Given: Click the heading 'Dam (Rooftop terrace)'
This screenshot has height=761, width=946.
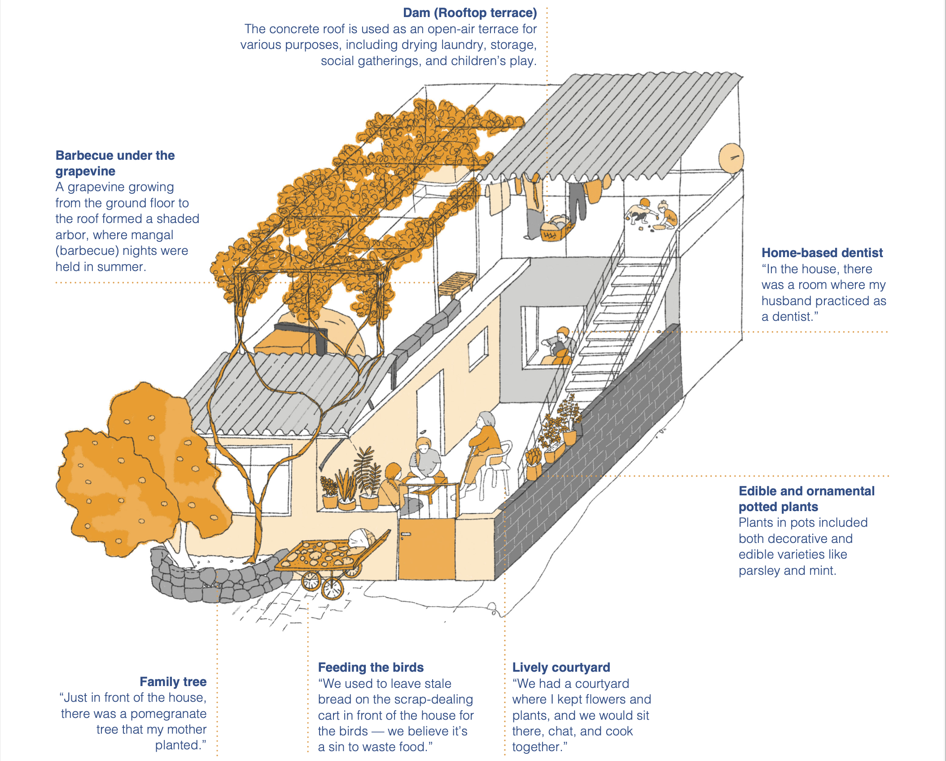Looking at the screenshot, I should [x=469, y=13].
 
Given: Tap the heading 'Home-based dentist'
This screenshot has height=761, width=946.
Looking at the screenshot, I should [x=822, y=253].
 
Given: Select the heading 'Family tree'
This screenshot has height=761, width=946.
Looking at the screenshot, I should [x=173, y=682].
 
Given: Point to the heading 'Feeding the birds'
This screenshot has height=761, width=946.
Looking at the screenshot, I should [x=371, y=667].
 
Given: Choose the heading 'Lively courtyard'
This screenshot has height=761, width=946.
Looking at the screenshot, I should [x=561, y=667].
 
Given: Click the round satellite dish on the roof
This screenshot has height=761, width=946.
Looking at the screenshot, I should [x=731, y=158].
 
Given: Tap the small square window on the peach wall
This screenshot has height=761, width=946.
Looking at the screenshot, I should [x=477, y=348].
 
